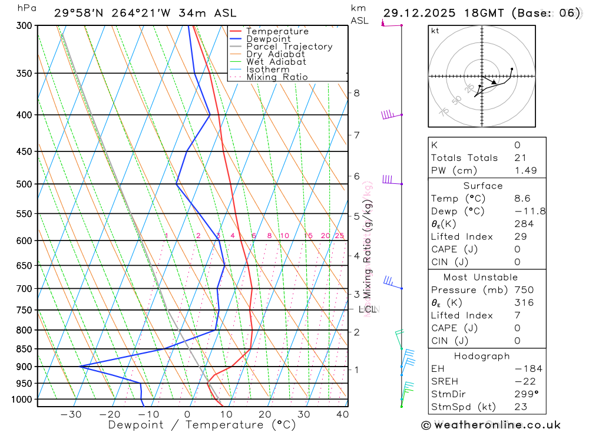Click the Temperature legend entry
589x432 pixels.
click(277, 31)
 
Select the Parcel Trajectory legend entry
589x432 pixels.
click(289, 47)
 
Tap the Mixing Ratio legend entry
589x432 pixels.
click(277, 77)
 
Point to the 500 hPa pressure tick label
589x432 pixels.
click(24, 184)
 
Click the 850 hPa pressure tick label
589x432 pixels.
click(24, 349)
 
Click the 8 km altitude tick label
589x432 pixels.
click(356, 93)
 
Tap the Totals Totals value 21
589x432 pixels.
click(519, 157)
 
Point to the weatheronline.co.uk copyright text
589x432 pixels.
click(491, 425)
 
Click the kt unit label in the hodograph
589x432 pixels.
click(435, 31)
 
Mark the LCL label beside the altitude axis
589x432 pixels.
click(367, 309)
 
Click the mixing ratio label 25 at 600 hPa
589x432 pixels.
click(339, 236)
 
